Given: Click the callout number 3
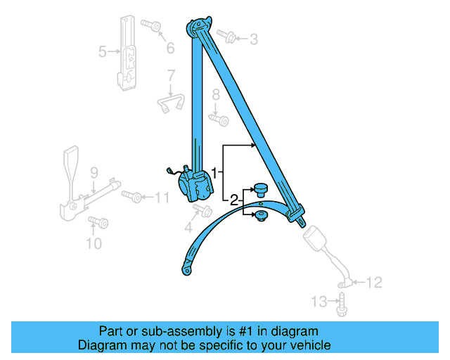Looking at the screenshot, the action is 254,39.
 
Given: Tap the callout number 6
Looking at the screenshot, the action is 169,48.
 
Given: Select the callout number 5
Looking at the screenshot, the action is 103,51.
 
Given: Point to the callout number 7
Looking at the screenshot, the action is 170,75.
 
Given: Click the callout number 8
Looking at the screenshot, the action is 217,94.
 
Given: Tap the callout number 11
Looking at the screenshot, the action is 162,198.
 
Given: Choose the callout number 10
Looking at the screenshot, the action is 94,244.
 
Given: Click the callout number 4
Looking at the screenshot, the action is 188,227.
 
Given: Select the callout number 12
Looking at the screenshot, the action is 374,283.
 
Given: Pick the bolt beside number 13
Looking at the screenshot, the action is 342,304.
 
